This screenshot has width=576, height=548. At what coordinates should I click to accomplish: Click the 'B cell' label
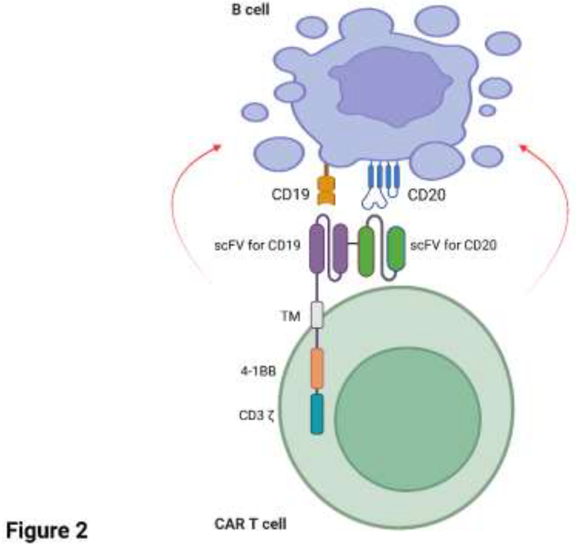[x=250, y=10]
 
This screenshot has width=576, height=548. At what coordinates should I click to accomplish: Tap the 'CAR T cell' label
[x=250, y=524]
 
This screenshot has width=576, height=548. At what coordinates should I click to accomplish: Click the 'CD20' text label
[x=426, y=195]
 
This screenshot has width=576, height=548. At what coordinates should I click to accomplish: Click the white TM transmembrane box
[x=317, y=315]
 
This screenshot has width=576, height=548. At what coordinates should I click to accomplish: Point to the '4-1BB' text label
[x=258, y=372]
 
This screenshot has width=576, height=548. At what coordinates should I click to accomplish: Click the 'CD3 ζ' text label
[x=256, y=416]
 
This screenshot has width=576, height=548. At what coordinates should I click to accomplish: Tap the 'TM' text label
[x=291, y=316]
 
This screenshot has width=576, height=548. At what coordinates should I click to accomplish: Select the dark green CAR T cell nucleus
[x=407, y=419]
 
